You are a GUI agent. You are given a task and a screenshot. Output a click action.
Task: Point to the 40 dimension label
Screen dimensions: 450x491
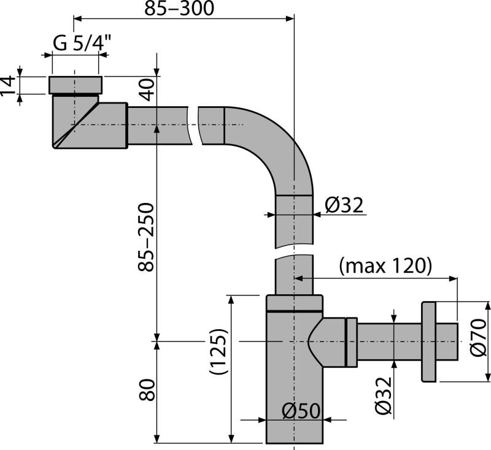[x=147, y=91]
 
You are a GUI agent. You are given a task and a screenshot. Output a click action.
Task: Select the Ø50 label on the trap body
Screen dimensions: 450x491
[x=301, y=411]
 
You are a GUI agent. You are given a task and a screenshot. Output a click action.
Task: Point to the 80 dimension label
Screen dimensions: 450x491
[x=147, y=390]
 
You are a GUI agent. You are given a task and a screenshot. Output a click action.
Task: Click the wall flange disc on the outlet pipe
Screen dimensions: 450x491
[x=429, y=341]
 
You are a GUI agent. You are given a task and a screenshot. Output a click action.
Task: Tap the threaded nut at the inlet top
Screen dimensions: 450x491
[x=74, y=84]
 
